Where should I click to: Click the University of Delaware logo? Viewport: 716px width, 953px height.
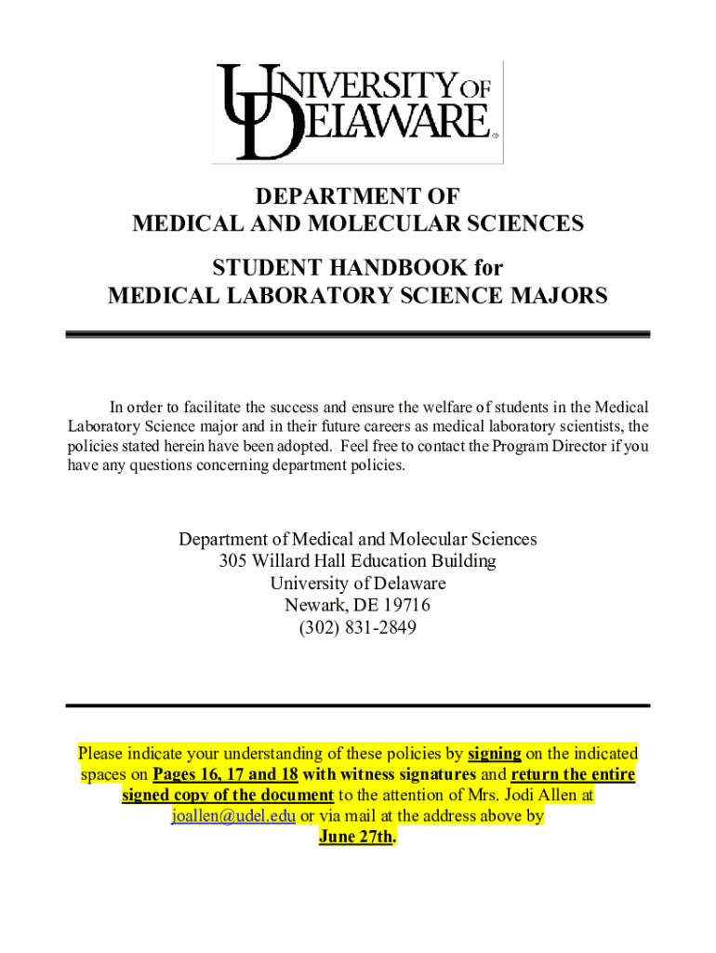tap(358, 111)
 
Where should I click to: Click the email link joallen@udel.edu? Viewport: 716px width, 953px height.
tap(234, 816)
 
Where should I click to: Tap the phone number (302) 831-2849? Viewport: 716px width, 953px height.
tap(358, 628)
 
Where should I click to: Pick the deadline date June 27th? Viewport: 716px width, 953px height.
tap(357, 837)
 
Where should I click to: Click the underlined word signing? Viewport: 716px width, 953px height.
tap(494, 753)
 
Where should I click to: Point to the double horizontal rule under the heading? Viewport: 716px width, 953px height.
tap(358, 334)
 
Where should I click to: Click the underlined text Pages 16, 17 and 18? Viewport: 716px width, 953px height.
tap(226, 774)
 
